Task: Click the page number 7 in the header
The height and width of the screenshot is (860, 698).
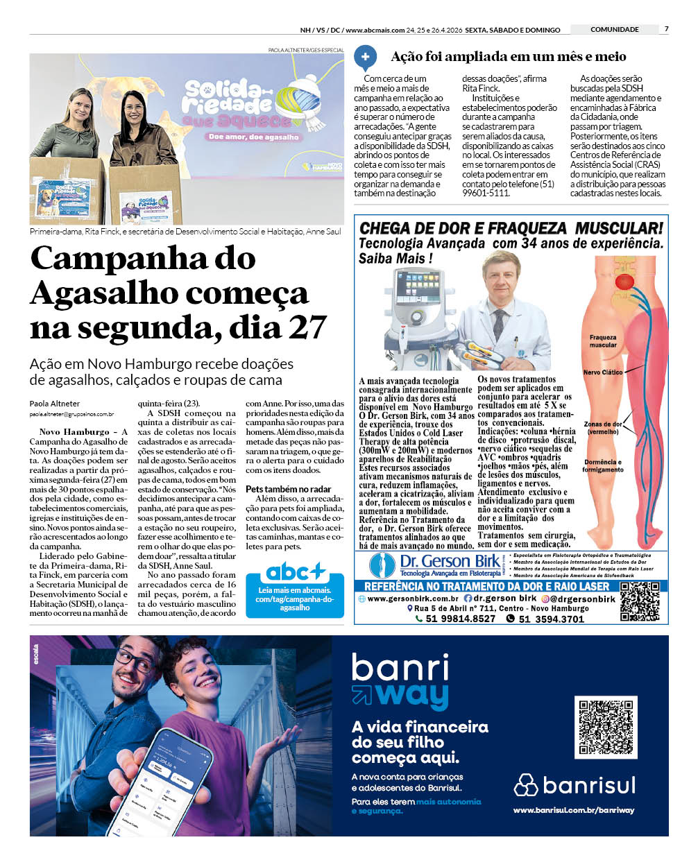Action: (666, 29)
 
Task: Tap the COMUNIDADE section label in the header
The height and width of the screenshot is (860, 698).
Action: (614, 30)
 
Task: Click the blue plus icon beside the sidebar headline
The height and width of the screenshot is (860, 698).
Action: (366, 57)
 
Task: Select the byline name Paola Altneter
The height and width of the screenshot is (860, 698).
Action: (54, 404)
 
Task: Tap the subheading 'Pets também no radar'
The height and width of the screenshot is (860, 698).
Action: (288, 489)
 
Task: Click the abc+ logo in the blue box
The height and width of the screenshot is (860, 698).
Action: (295, 571)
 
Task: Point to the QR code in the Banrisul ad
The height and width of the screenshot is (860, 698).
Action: (606, 728)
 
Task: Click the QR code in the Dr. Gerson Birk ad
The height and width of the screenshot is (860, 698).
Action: (640, 601)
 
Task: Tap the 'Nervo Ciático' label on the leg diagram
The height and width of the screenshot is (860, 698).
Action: (602, 372)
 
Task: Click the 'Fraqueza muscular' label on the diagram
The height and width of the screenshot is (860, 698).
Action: (603, 341)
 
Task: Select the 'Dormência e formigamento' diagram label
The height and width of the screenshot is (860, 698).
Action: (603, 466)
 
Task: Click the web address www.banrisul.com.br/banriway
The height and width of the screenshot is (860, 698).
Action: (573, 810)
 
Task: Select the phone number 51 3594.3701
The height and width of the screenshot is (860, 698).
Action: (551, 619)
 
